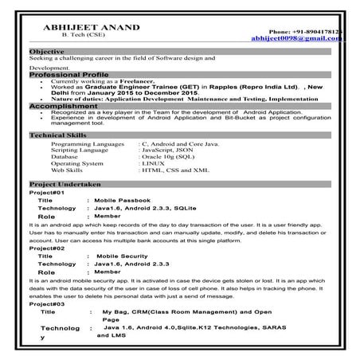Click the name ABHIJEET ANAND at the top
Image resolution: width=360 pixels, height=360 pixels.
84,27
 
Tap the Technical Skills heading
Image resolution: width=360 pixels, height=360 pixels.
58,135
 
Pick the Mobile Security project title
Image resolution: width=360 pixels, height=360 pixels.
121,256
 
